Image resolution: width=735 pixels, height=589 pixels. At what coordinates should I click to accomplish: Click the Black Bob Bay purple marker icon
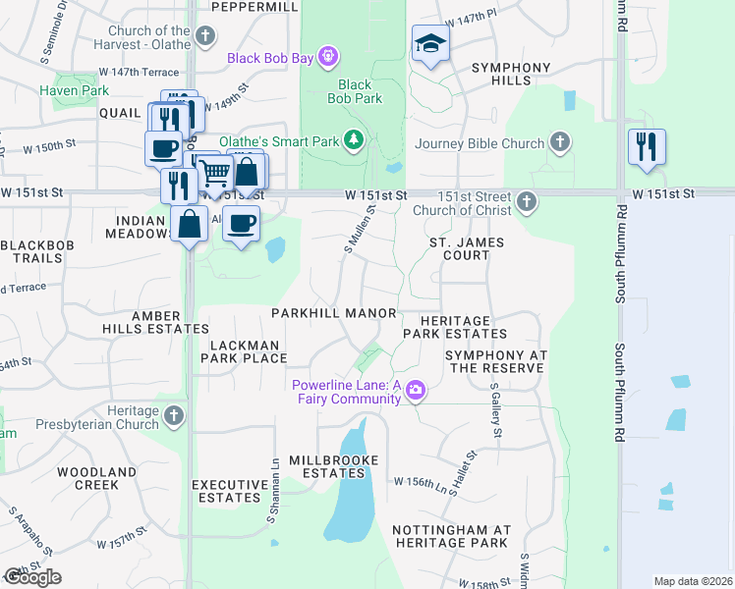(x=329, y=59)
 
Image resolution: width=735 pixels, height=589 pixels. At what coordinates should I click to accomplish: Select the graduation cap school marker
(x=429, y=44)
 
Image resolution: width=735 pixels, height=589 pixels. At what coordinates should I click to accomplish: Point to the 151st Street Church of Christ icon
(x=528, y=203)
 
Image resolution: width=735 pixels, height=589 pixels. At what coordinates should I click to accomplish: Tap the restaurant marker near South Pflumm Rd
(x=647, y=146)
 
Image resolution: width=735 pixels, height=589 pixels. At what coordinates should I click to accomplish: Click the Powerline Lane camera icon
(x=416, y=392)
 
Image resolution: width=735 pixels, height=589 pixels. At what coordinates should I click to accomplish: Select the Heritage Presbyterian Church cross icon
(x=174, y=417)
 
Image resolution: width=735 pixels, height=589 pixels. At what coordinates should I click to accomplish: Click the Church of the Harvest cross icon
(x=204, y=37)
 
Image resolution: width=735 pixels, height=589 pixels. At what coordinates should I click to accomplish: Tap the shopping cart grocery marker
(x=215, y=174)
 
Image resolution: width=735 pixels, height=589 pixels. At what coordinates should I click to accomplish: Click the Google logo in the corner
(x=31, y=577)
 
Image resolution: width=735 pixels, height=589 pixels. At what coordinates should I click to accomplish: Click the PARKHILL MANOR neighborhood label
(x=334, y=313)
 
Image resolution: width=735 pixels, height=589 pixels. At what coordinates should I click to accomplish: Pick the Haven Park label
(x=75, y=90)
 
